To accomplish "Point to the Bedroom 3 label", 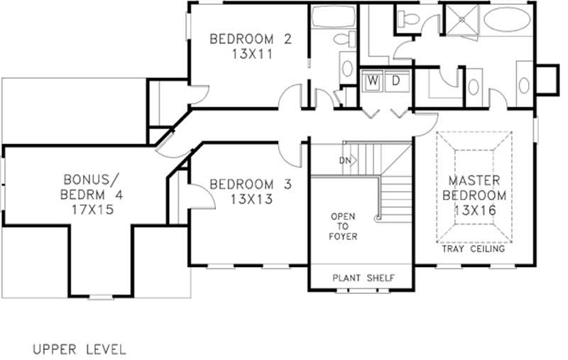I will pos(251,185).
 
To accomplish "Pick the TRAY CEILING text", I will pos(474,249).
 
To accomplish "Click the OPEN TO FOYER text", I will pos(343,226).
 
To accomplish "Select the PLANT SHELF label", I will pos(364,278).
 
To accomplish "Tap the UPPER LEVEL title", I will pos(79,349).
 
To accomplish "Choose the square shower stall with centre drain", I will pos(459,19).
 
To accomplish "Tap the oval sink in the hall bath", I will pos(347,68).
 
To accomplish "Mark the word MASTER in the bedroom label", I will pos(475,180).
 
